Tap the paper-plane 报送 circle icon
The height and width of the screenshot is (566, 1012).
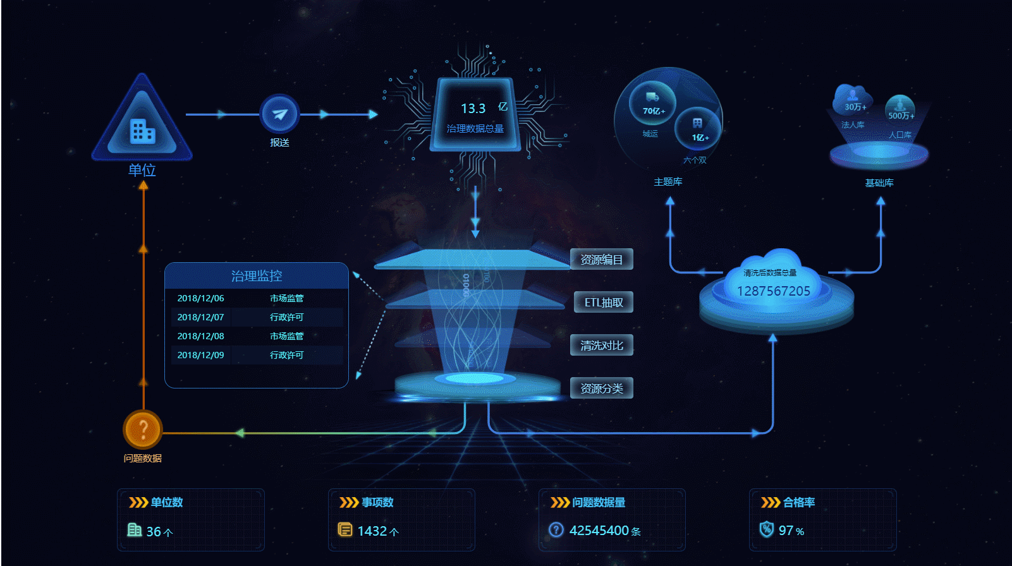(279, 114)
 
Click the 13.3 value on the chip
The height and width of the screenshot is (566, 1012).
(473, 109)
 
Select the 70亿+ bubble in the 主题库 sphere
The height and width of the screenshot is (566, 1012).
(652, 103)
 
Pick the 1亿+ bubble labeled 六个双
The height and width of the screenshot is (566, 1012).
(698, 128)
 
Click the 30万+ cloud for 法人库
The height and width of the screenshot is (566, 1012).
(853, 100)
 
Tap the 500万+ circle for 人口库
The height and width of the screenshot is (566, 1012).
(899, 109)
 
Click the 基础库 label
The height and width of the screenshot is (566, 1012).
(879, 183)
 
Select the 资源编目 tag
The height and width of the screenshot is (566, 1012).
(601, 260)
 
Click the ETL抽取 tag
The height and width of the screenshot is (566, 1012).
(603, 303)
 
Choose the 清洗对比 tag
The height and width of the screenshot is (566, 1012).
(601, 346)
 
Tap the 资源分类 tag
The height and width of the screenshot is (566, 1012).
(601, 388)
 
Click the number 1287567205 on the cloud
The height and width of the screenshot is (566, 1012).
(773, 291)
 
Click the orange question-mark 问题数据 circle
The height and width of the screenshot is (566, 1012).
(143, 430)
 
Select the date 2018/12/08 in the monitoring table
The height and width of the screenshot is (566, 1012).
(200, 336)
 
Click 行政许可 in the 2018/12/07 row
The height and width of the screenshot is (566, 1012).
(286, 317)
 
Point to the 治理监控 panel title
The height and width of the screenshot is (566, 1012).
(256, 276)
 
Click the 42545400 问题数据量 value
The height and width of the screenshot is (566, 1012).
(599, 531)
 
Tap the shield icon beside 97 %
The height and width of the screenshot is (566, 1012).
(766, 529)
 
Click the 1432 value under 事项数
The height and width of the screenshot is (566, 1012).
(372, 531)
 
